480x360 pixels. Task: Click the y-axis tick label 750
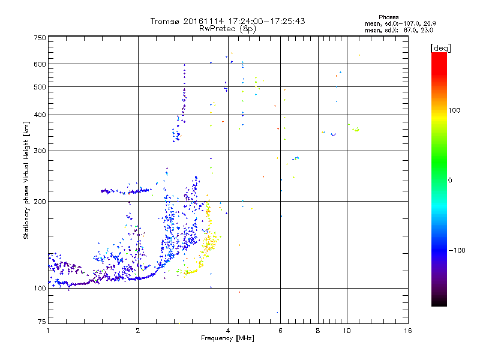pos(40,38)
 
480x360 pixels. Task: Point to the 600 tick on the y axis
pos(40,64)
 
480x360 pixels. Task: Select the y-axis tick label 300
pos(40,151)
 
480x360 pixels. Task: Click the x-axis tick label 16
pos(408,331)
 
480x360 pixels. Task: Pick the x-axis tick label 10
pos(346,331)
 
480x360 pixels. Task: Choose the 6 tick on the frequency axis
pos(280,331)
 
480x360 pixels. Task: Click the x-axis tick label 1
pos(48,331)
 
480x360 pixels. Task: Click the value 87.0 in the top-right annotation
pos(406,29)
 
